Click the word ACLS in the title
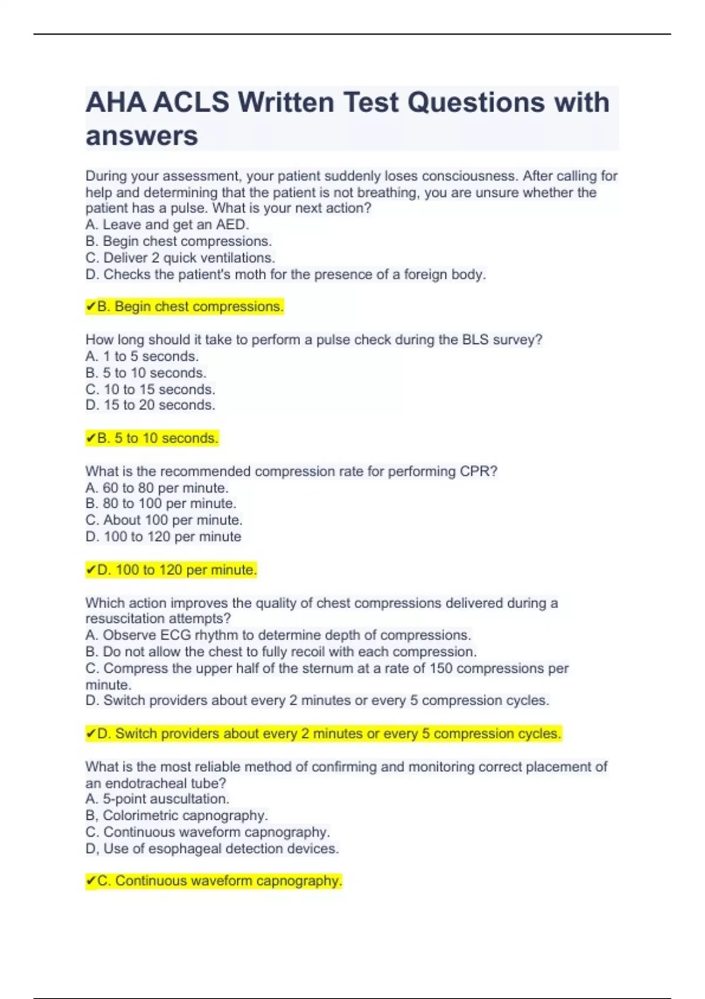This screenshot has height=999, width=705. coord(191,102)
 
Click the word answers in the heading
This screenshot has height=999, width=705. coord(142,136)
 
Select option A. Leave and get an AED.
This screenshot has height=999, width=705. coord(167,224)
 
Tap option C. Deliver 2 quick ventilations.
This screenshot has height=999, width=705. coord(180,258)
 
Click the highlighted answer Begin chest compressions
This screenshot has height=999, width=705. coord(190,307)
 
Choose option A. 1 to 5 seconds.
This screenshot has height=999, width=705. coord(142,356)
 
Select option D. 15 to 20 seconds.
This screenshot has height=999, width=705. coord(150,405)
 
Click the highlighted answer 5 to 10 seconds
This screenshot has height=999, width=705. coord(157,438)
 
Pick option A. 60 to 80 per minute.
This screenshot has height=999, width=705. coord(157,488)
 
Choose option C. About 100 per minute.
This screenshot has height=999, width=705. coord(164,520)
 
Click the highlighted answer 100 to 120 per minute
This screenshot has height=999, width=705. coord(177,570)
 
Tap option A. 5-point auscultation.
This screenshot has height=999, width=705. coord(157,799)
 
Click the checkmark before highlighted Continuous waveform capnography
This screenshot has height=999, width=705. coord(90,881)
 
